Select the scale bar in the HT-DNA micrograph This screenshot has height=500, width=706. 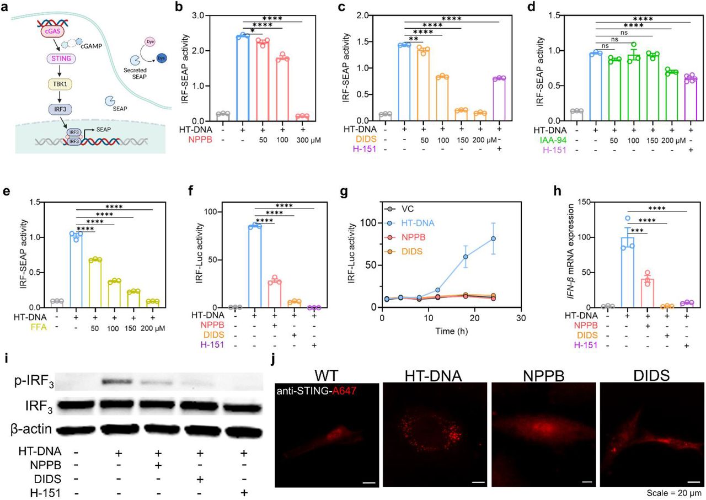[x=478, y=482]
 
